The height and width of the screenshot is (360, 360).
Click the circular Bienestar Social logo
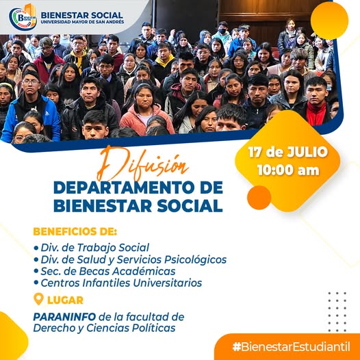23,18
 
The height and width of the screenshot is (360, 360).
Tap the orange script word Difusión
142,164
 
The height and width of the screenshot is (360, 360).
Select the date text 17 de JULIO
288,152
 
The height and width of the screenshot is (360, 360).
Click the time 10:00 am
288,170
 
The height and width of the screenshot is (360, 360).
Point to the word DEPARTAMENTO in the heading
122,188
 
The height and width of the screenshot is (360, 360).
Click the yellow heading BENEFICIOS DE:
75,231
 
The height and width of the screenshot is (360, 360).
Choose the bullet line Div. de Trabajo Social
92,248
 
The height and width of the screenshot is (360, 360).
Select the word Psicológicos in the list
195,259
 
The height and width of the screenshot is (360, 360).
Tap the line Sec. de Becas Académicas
105,271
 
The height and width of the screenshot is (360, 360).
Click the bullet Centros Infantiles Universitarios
118,283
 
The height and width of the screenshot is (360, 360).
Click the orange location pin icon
38,298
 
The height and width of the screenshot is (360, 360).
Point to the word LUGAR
65,300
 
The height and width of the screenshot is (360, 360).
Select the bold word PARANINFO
64,317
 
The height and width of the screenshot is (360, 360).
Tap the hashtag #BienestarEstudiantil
291,346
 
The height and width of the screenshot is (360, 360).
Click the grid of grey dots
337,312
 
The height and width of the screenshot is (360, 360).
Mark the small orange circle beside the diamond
259,197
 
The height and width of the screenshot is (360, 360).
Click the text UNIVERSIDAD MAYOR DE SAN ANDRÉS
82,22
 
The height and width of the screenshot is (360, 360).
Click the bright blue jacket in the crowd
30,119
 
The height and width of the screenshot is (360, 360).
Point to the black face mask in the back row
222,31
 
